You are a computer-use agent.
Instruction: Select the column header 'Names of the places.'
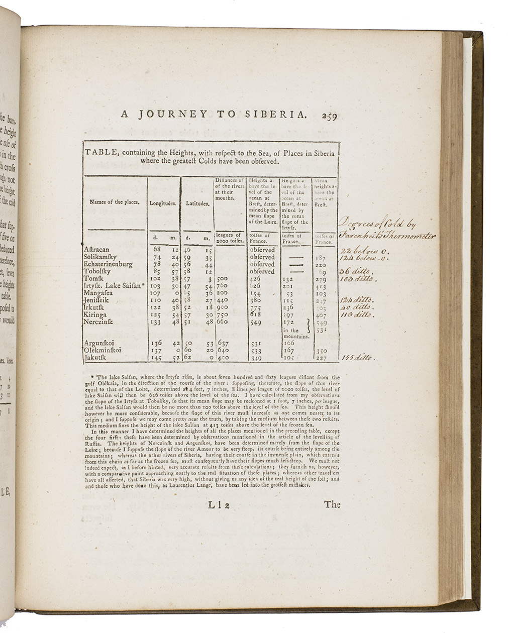pyautogui.click(x=114, y=202)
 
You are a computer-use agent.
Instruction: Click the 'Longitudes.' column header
pyautogui.click(x=163, y=204)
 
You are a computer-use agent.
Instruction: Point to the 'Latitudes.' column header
pyautogui.click(x=197, y=204)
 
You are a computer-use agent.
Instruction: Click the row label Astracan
pyautogui.click(x=96, y=249)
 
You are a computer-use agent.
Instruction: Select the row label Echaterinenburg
pyautogui.click(x=108, y=264)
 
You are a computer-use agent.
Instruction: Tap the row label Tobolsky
pyautogui.click(x=97, y=271)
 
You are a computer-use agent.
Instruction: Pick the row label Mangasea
pyautogui.click(x=98, y=293)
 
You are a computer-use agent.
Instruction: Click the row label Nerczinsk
pyautogui.click(x=99, y=322)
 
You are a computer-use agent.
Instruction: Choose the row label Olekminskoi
pyautogui.click(x=103, y=350)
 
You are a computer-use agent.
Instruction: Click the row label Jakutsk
pyautogui.click(x=95, y=358)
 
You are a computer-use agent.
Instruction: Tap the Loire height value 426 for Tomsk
pyautogui.click(x=256, y=279)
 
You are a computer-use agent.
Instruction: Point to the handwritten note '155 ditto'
pyautogui.click(x=357, y=358)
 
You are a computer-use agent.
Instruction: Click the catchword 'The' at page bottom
pyautogui.click(x=332, y=504)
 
